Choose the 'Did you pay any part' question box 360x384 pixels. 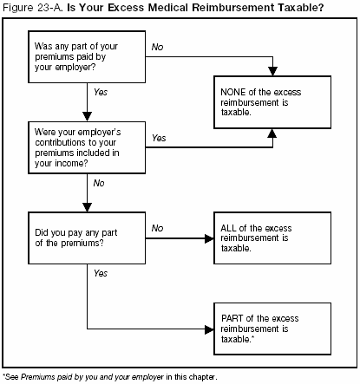(x=86, y=237)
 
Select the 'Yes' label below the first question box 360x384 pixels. (x=101, y=92)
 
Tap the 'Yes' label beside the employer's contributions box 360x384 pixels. (x=159, y=138)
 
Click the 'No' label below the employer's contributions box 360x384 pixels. (x=100, y=184)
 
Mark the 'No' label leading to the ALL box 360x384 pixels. (x=157, y=228)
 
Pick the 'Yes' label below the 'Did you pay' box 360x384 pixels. (x=101, y=273)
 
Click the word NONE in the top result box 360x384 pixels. (x=236, y=93)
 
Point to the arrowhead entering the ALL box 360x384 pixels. (x=210, y=237)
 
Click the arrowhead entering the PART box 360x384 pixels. (x=210, y=329)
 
